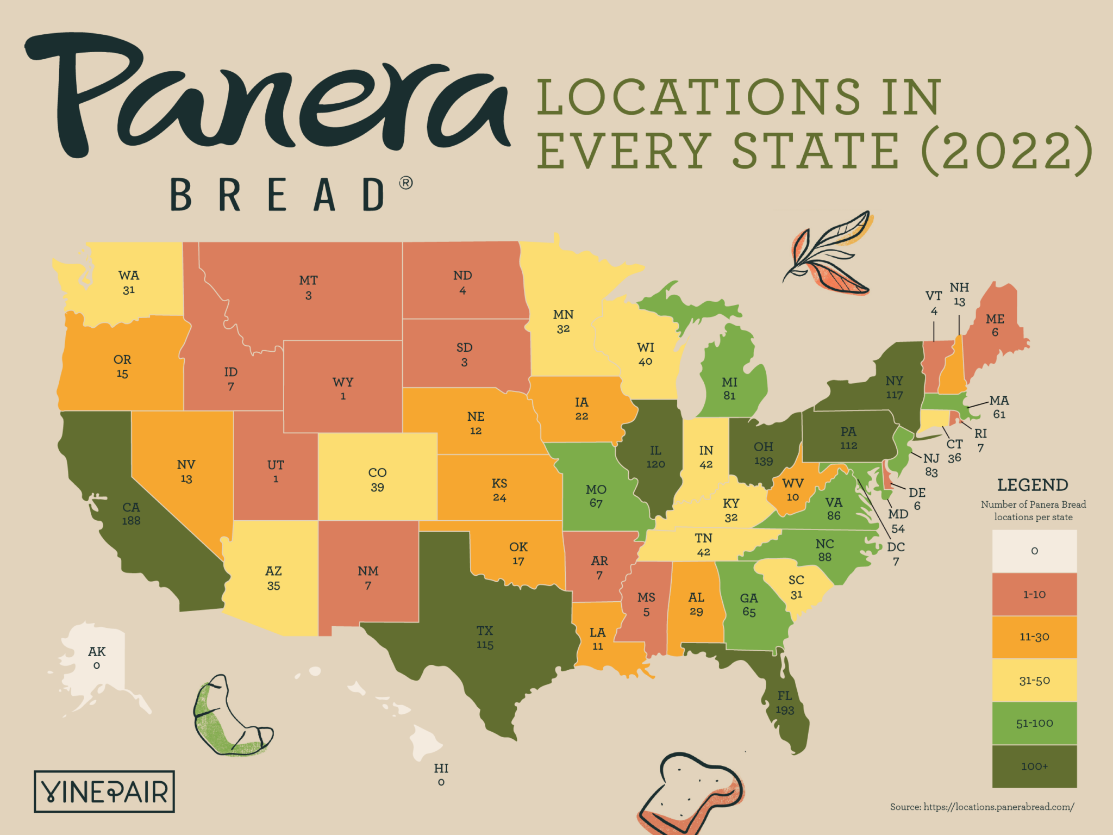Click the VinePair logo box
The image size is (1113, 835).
click(104, 792)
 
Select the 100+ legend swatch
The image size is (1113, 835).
click(1034, 766)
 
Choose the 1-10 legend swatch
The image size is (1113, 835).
click(1034, 594)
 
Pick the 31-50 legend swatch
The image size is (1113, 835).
click(1034, 680)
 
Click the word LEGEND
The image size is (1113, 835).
click(1033, 484)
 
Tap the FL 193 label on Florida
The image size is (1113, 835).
click(785, 703)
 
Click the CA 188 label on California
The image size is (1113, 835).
click(131, 514)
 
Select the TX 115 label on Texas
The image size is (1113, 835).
click(485, 638)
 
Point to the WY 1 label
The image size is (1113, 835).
click(343, 389)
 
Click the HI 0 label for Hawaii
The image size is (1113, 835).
click(441, 775)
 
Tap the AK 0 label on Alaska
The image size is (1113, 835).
click(97, 658)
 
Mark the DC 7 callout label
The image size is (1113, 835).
click(896, 553)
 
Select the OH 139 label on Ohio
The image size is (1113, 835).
click(763, 454)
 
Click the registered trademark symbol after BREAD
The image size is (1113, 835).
click(405, 183)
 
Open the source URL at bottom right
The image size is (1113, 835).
click(981, 807)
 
